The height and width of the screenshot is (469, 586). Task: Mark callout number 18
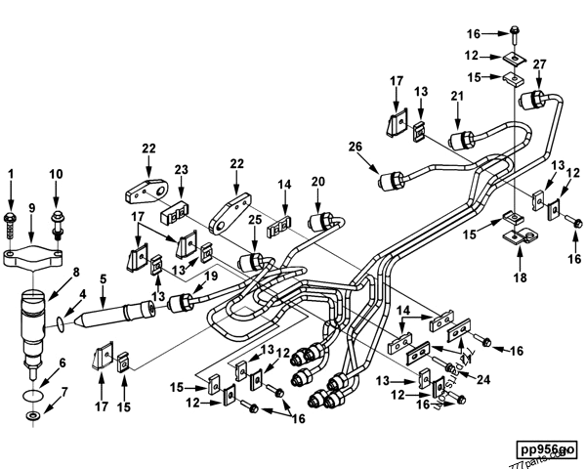[520, 278]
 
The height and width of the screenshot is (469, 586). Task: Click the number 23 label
[180, 169]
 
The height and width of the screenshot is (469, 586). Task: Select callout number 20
[317, 181]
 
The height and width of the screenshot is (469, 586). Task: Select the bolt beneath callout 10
[56, 228]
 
